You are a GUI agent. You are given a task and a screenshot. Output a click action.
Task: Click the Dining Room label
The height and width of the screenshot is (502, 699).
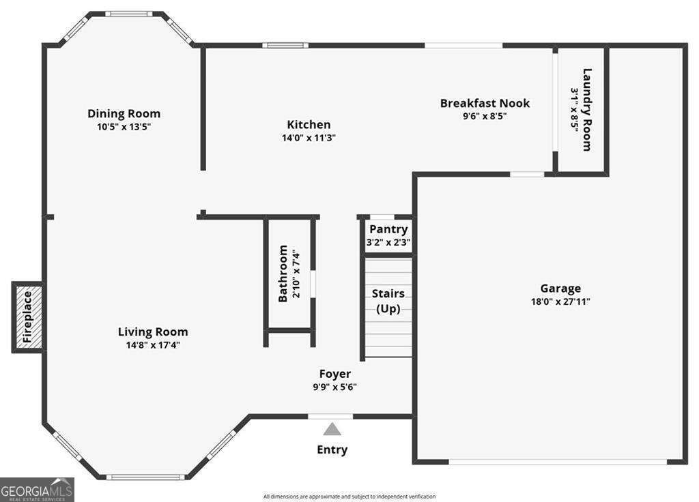[x=124, y=113]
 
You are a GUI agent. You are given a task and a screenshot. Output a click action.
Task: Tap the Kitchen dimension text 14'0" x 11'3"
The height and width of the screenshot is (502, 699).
[x=309, y=137]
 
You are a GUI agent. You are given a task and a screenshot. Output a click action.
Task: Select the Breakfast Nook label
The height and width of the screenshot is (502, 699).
[x=485, y=103]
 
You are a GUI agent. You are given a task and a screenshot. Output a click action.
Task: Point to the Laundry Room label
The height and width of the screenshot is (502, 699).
[x=586, y=109]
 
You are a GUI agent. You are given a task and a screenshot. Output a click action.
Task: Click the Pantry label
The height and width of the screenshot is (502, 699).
[x=388, y=229]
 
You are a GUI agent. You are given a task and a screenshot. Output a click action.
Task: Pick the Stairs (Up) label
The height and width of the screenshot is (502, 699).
[x=388, y=301]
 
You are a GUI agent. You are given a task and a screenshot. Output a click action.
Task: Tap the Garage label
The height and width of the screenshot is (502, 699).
[x=560, y=289]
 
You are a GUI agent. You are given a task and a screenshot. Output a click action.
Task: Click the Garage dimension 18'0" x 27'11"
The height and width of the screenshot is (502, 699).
[x=560, y=301]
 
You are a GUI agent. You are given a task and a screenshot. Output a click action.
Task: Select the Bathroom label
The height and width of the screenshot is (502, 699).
[x=283, y=274]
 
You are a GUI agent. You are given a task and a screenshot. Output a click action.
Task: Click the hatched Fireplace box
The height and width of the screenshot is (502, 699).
[x=28, y=317]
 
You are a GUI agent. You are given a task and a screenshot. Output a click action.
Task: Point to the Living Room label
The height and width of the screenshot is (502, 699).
[x=153, y=332]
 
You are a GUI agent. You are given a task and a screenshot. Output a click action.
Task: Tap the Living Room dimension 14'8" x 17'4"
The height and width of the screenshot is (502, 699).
[x=153, y=345]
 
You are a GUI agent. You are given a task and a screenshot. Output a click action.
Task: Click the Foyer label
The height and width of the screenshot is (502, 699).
[x=335, y=374]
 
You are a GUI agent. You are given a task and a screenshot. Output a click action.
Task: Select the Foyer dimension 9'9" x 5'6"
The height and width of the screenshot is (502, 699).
[x=335, y=387]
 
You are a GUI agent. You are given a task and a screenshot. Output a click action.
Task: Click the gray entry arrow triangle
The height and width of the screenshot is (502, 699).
[x=332, y=429]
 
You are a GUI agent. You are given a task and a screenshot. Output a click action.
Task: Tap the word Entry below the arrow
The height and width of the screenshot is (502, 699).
[x=332, y=449]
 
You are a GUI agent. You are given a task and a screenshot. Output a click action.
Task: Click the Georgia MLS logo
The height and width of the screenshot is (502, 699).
[x=37, y=490]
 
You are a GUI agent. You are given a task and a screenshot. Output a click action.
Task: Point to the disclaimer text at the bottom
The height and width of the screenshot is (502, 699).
[x=349, y=497]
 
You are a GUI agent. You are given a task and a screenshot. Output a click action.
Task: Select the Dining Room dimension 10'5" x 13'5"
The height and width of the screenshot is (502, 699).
[x=124, y=126]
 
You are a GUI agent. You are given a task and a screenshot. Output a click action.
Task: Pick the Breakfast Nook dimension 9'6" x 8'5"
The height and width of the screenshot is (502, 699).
[x=485, y=116]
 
